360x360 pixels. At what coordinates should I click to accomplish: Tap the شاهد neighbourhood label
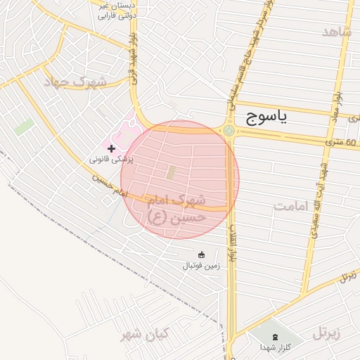click(x=336, y=32)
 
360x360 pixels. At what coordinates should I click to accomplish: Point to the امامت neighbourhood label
click(x=292, y=206)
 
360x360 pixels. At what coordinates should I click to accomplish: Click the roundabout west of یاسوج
click(x=229, y=130)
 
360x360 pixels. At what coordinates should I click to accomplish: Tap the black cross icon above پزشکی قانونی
click(x=111, y=148)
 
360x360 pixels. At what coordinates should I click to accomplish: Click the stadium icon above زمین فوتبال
click(x=202, y=255)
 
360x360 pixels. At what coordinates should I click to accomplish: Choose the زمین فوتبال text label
click(x=202, y=266)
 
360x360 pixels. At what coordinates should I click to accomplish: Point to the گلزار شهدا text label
click(x=275, y=347)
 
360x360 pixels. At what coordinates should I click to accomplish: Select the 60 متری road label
click(x=342, y=143)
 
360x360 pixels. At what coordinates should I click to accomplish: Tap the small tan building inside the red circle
click(x=172, y=172)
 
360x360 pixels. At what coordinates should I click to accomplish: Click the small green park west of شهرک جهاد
click(x=24, y=127)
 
